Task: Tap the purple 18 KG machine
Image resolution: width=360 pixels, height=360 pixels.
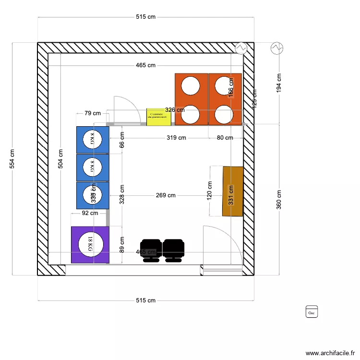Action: coord(90,245)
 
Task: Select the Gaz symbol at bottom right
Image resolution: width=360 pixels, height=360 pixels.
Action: coord(312,312)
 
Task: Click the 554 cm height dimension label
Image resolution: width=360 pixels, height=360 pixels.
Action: coord(12,158)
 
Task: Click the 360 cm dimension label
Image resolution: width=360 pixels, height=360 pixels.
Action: coord(279,200)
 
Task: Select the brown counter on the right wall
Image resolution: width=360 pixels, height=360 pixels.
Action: coord(233,191)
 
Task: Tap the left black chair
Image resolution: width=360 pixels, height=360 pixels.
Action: coord(151,250)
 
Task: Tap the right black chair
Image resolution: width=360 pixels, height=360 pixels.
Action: coord(173,250)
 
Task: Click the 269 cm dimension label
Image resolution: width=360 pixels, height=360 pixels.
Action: coord(166,195)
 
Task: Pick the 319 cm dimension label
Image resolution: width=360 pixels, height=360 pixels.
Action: coord(176,138)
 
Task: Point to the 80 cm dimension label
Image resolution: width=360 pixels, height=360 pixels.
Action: coord(225,138)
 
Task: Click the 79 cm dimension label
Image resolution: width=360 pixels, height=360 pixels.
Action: coord(93,113)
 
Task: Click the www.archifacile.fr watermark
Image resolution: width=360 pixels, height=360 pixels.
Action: coord(329,352)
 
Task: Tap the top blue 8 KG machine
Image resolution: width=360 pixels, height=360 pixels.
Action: coord(93,140)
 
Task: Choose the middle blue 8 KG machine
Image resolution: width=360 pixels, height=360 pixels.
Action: coord(93,168)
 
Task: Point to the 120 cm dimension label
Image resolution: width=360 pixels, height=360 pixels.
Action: coord(210,191)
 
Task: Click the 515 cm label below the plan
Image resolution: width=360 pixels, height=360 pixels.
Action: coord(146,300)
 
